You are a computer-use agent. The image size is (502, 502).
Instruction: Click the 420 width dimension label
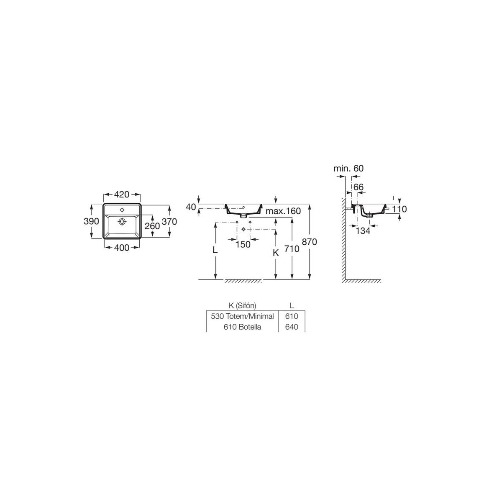[x=122, y=195]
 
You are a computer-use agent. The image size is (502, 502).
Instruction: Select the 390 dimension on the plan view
[x=91, y=221]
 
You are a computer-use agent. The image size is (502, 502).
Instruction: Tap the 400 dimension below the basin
[x=122, y=248]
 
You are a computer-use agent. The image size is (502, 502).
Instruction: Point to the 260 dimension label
[x=152, y=226]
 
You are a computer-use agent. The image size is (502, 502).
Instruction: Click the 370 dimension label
[x=169, y=222]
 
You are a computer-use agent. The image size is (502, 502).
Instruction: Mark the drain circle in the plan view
[x=122, y=222]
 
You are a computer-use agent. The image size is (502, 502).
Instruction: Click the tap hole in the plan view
[x=122, y=210]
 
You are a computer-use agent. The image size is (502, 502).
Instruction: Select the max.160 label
[x=283, y=211]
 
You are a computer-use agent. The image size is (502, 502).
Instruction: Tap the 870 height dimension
[x=309, y=242]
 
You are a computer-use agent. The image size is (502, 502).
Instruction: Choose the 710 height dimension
[x=292, y=249]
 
